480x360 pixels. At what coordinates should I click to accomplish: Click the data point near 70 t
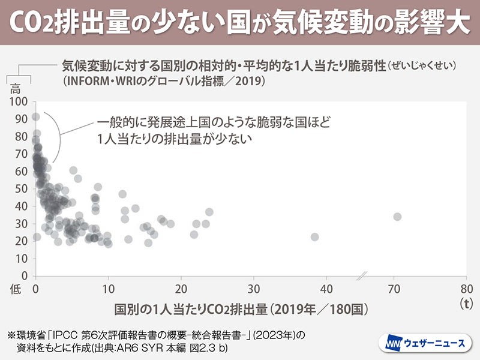[397, 217]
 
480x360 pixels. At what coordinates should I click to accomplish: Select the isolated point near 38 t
[314, 237]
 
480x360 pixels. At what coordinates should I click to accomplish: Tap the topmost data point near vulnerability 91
[36, 117]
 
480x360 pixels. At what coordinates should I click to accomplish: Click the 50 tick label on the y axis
[21, 188]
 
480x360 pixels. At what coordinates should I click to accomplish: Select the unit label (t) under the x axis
[466, 302]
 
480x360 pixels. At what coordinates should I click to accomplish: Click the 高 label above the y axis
[16, 88]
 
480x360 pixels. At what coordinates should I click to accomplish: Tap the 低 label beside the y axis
[16, 288]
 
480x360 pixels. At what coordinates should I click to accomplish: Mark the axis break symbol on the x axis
[362, 276]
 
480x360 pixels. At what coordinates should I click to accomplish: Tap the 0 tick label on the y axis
[25, 275]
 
